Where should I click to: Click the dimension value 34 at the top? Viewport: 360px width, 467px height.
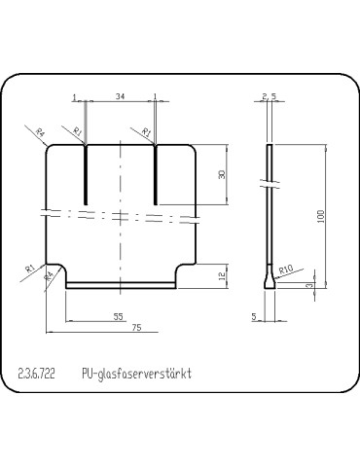[x=120, y=96]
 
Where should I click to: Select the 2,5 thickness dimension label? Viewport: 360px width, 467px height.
[x=270, y=96]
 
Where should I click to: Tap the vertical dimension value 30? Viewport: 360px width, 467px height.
[x=222, y=175]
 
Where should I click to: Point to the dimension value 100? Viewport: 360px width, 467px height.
[x=320, y=216]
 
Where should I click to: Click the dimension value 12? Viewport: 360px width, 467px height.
[x=222, y=276]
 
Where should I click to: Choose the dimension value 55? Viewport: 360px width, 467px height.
[x=119, y=316]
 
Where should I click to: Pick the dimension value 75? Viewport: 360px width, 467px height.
[x=137, y=327]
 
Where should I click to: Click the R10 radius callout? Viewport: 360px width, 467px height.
[x=286, y=269]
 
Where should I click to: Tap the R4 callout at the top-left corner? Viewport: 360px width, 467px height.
[x=40, y=132]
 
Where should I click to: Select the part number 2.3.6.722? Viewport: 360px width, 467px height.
[x=37, y=374]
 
